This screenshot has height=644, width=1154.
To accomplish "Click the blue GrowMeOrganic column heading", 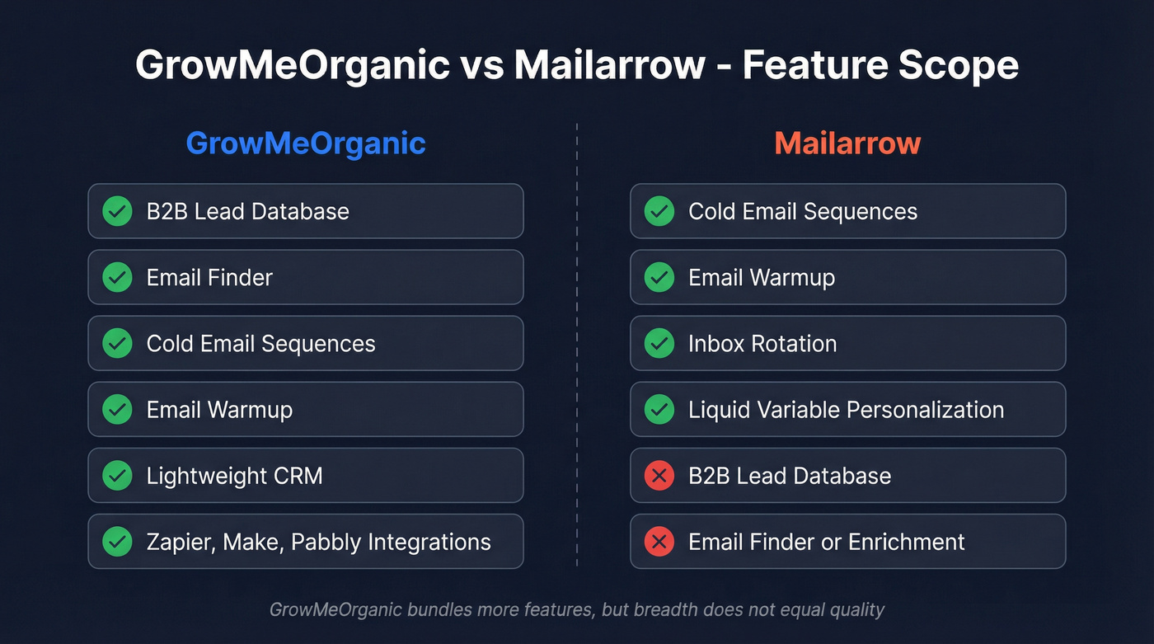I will [306, 143].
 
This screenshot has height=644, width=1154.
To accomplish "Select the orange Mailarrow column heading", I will [847, 143].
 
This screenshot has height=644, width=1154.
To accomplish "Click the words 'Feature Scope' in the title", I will [880, 65].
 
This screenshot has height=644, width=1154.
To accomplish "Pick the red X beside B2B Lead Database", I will [659, 476].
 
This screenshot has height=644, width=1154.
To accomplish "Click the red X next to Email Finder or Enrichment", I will [659, 542].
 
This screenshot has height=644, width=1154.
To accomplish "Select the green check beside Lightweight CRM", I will [117, 476].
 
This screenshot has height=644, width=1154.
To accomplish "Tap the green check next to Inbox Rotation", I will [659, 344].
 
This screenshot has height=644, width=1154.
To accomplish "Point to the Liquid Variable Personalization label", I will [846, 410].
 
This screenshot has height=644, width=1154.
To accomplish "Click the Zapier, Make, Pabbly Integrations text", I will [318, 542].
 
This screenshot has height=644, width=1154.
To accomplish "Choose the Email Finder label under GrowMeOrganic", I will [209, 278].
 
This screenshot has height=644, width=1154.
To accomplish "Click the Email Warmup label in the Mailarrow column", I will [762, 278].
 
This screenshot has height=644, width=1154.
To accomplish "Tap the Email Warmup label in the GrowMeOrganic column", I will [219, 410].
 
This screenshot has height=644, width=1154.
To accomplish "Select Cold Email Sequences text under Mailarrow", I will [803, 212].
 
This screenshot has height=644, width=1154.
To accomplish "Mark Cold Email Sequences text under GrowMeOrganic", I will [260, 344].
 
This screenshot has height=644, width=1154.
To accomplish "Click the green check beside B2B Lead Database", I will [117, 212].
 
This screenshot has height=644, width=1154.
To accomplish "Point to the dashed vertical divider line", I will [577, 346].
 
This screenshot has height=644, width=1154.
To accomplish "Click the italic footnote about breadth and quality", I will [577, 610].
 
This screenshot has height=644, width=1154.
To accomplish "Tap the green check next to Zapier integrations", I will [117, 542].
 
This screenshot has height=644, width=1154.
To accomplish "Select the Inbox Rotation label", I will [762, 344].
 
